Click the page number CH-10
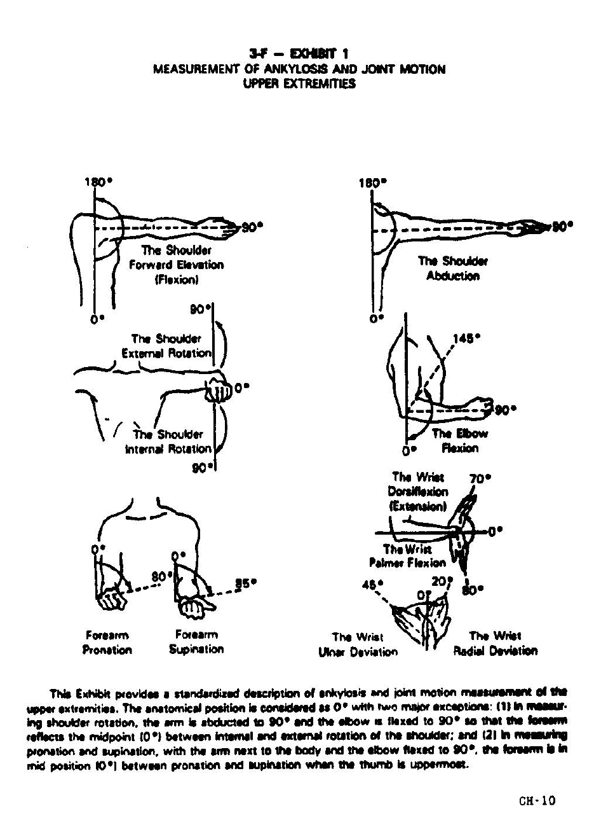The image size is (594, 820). tap(537, 800)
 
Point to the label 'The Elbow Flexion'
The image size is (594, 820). tap(460, 441)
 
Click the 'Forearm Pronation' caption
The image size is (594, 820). tap(107, 643)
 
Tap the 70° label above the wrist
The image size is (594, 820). tap(480, 478)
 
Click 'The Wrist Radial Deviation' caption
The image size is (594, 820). tap(495, 643)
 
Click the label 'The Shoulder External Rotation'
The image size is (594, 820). tap(171, 346)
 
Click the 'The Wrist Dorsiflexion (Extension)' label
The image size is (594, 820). tap(420, 492)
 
